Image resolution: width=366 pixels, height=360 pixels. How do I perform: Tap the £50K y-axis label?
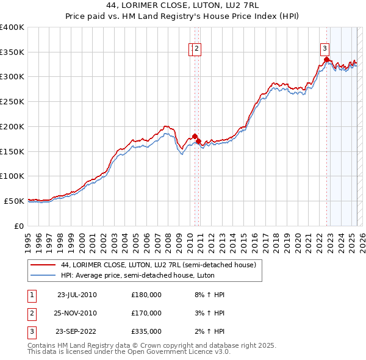click(x=14, y=201)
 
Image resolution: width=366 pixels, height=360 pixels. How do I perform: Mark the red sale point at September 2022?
click(x=326, y=60)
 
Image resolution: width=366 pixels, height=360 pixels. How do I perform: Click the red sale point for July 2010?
click(x=195, y=136)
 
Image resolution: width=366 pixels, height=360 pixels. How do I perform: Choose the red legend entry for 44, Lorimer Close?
click(x=162, y=265)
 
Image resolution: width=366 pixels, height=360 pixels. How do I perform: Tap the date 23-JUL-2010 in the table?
click(x=77, y=295)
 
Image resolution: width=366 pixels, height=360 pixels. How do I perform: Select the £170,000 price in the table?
click(x=146, y=313)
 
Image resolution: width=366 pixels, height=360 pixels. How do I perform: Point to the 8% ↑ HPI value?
click(x=209, y=295)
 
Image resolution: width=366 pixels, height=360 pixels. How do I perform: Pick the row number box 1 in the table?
click(x=31, y=295)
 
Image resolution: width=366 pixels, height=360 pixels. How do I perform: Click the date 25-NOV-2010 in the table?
click(x=77, y=313)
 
